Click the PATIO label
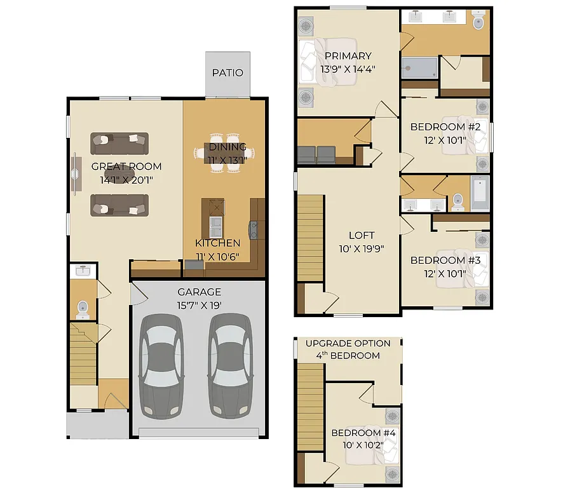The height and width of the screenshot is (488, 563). tap(227, 72)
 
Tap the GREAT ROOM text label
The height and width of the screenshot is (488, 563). tap(126, 166)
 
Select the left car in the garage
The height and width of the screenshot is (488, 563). tap(162, 367)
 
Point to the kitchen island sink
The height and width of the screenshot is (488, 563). tap(215, 224)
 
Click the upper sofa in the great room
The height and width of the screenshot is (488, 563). tap(119, 144)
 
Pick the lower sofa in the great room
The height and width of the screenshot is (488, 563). tap(119, 205)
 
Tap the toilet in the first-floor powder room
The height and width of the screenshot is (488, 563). tap(82, 309)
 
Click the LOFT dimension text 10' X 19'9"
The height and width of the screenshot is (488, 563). tap(361, 248)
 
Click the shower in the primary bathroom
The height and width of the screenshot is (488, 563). tap(419, 67)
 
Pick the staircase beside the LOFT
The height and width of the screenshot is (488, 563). tap(310, 238)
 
